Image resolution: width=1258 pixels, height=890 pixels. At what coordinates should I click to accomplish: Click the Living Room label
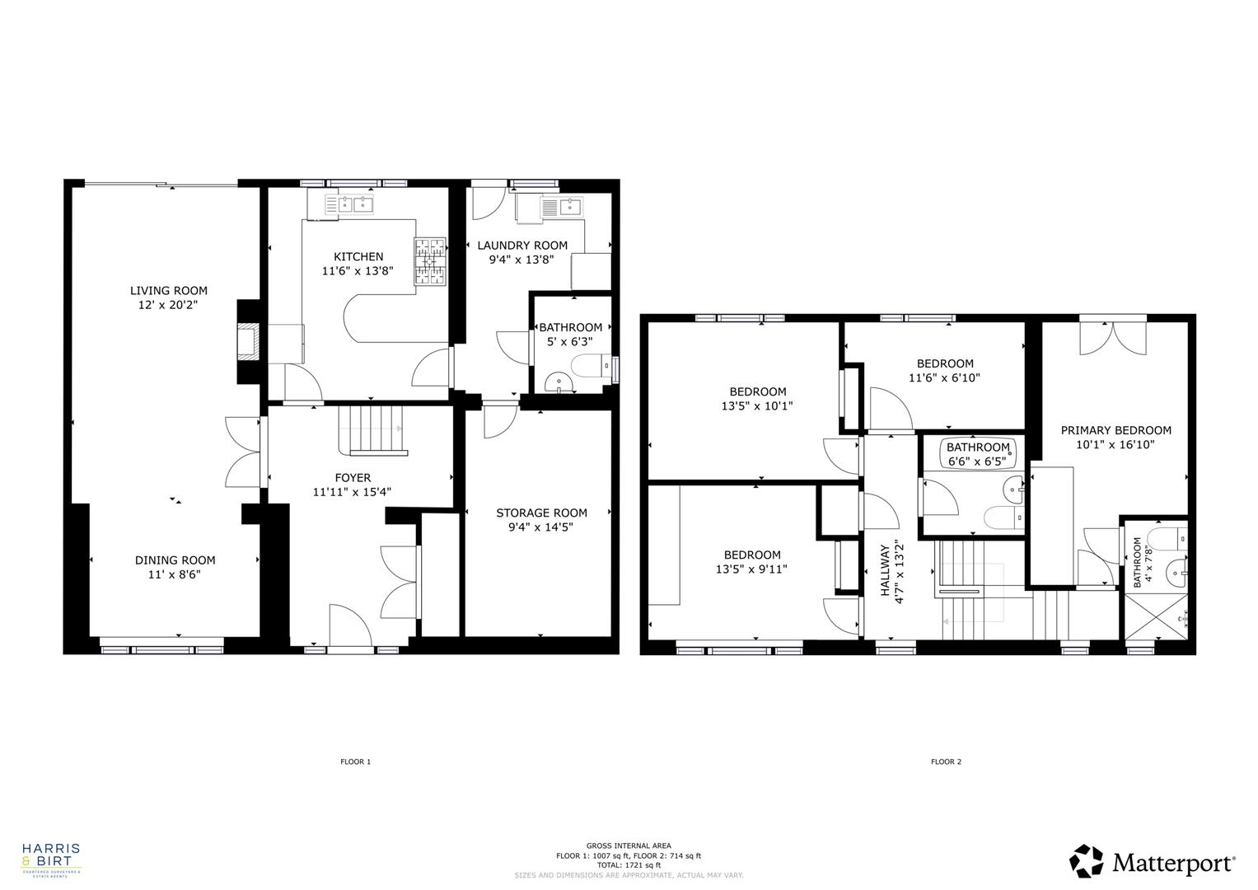point(168,290)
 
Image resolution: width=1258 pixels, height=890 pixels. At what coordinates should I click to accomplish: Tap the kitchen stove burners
point(429,262)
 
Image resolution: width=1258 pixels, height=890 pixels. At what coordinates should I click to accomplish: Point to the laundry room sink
point(560,207)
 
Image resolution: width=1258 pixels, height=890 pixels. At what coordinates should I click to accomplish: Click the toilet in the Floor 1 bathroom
point(592,366)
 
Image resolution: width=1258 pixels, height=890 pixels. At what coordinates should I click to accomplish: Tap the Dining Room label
point(175,560)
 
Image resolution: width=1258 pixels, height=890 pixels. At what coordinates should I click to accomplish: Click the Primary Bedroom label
point(1115,430)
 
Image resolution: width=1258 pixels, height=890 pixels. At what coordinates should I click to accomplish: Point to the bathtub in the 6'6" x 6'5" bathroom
point(978,453)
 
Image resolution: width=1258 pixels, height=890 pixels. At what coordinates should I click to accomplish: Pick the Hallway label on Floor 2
point(885,569)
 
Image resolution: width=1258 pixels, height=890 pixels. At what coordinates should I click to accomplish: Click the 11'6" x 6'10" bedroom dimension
point(945,378)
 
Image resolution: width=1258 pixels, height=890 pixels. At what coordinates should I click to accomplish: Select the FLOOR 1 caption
point(356,761)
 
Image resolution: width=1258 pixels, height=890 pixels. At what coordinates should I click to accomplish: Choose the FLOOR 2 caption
point(946,761)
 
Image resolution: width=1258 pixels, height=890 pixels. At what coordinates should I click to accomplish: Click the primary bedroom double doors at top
point(1113,336)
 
